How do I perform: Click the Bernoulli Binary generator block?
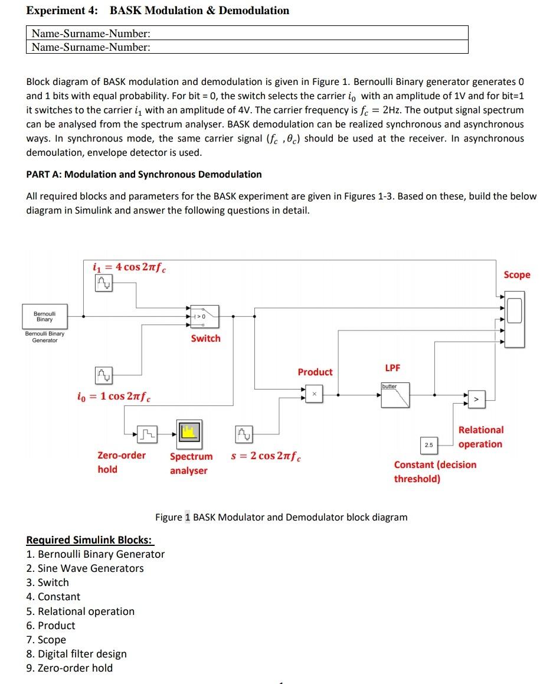pyautogui.click(x=45, y=316)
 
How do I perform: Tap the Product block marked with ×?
pyautogui.click(x=314, y=394)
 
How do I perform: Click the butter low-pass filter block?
pyautogui.click(x=395, y=395)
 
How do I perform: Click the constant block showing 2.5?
pyautogui.click(x=428, y=444)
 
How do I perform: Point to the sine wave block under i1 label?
pyautogui.click(x=103, y=285)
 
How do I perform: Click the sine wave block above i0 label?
pyautogui.click(x=103, y=375)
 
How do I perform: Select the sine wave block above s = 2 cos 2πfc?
pyautogui.click(x=244, y=436)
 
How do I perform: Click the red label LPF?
pyautogui.click(x=392, y=368)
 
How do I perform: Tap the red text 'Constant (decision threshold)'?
pyautogui.click(x=434, y=472)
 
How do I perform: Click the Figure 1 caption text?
pyautogui.click(x=281, y=517)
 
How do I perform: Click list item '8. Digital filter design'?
pyautogui.click(x=77, y=654)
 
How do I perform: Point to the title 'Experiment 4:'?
pyautogui.click(x=63, y=11)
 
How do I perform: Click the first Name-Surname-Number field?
pyautogui.click(x=247, y=33)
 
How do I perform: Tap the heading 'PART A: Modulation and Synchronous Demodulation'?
pyautogui.click(x=144, y=174)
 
